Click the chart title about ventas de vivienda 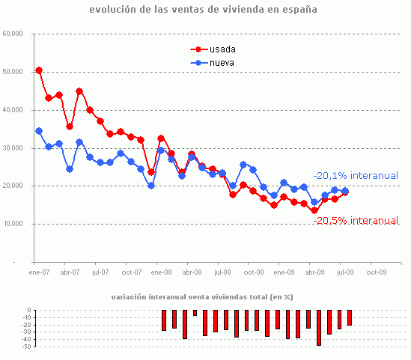click(x=203, y=10)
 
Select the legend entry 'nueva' click(x=222, y=63)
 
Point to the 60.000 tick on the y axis click(x=13, y=34)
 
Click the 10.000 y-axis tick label click(x=13, y=224)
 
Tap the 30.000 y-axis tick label click(x=13, y=148)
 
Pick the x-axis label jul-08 click(x=222, y=273)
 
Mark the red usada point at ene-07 click(x=39, y=70)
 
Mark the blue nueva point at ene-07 click(x=39, y=131)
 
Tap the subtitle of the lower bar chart click(x=202, y=297)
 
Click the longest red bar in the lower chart click(x=319, y=327)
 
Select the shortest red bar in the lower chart click(x=195, y=313)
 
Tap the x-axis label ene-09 click(x=284, y=273)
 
